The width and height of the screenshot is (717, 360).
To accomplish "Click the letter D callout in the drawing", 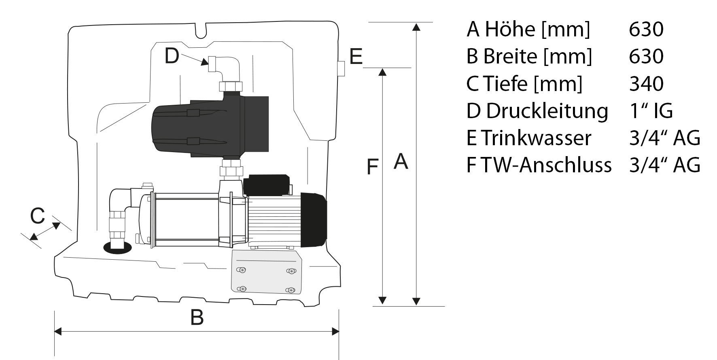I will (x=172, y=56).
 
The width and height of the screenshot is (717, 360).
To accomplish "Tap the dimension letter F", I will (x=372, y=167).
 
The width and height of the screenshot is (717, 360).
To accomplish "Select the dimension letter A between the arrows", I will (x=401, y=161).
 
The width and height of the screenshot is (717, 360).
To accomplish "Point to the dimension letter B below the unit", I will (x=197, y=318).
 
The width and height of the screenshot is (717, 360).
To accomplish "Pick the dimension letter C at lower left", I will (x=37, y=216).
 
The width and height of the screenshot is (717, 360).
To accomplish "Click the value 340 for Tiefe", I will (x=646, y=84).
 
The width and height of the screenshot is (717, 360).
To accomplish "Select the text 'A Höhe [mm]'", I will (x=528, y=29).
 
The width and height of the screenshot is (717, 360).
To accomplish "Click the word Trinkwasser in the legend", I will (x=536, y=138).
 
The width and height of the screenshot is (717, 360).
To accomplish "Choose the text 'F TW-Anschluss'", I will (x=539, y=165).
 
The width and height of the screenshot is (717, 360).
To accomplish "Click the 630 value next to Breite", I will (x=646, y=56).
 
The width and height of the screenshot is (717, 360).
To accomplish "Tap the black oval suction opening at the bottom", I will (x=117, y=248).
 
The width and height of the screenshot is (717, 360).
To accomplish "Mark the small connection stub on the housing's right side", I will (x=341, y=68).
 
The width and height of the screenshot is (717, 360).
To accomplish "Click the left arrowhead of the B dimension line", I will (x=58, y=332).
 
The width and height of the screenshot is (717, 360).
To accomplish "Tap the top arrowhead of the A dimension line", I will (x=416, y=27).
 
